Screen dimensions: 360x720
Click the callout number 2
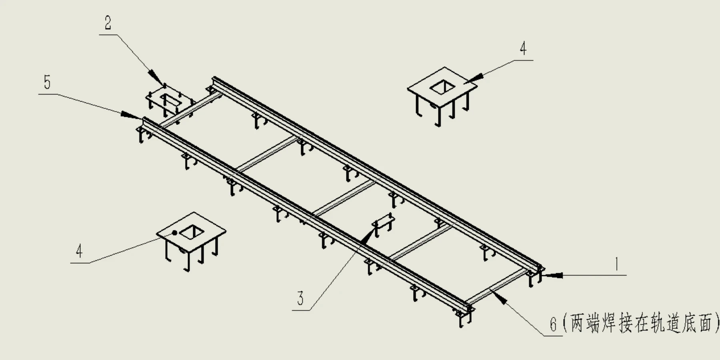108,23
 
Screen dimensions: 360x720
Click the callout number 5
47,82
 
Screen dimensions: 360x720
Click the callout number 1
617,264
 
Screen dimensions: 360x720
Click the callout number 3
300,298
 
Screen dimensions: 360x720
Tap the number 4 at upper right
523,48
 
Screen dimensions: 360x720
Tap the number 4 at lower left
79,251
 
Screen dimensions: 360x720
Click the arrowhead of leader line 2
155,77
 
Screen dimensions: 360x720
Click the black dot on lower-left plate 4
174,232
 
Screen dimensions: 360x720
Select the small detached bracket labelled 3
383,222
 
